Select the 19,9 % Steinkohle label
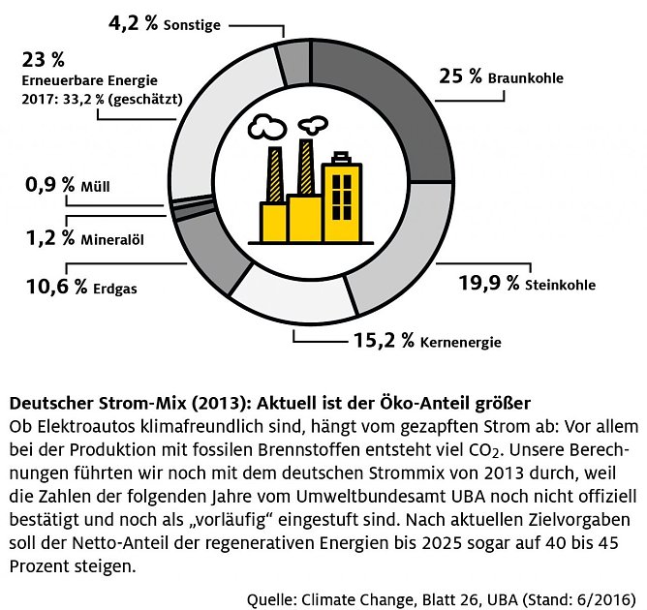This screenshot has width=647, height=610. [x=527, y=284]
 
